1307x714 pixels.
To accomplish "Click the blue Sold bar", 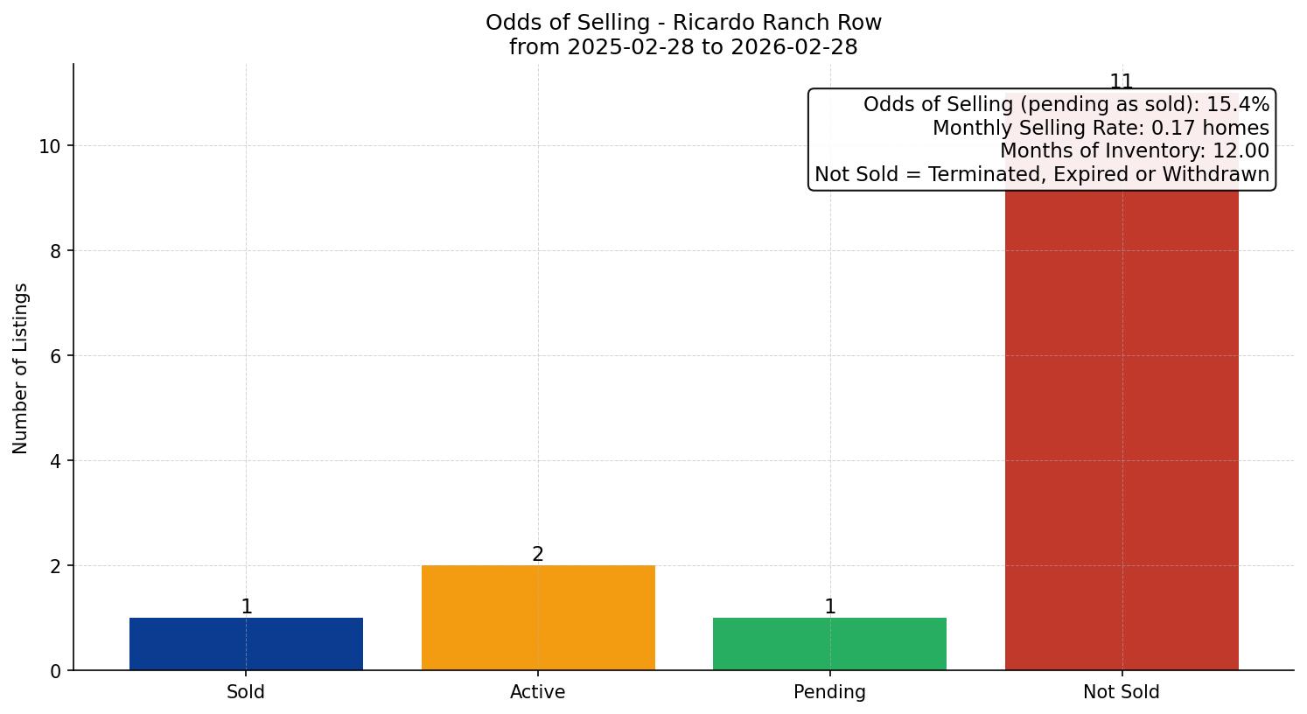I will click(246, 644).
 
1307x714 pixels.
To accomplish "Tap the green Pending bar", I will click(829, 644).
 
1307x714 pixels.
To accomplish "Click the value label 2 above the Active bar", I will click(538, 554).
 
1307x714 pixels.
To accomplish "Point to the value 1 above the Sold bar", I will click(247, 606).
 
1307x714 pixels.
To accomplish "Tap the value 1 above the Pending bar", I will click(830, 606).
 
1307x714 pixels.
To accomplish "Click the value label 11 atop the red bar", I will click(1122, 81).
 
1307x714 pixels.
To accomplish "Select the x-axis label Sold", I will click(246, 692).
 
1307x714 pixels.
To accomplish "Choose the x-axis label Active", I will click(538, 692).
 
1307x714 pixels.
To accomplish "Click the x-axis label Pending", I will click(829, 692).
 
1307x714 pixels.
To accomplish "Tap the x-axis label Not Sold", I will click(1122, 692).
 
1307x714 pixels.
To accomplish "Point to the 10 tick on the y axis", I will click(50, 146).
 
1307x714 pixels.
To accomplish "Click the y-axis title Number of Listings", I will click(21, 367).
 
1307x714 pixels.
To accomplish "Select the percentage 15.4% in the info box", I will click(1238, 104).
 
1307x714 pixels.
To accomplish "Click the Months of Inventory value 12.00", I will click(1241, 150).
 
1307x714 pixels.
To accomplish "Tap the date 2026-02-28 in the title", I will click(794, 47).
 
